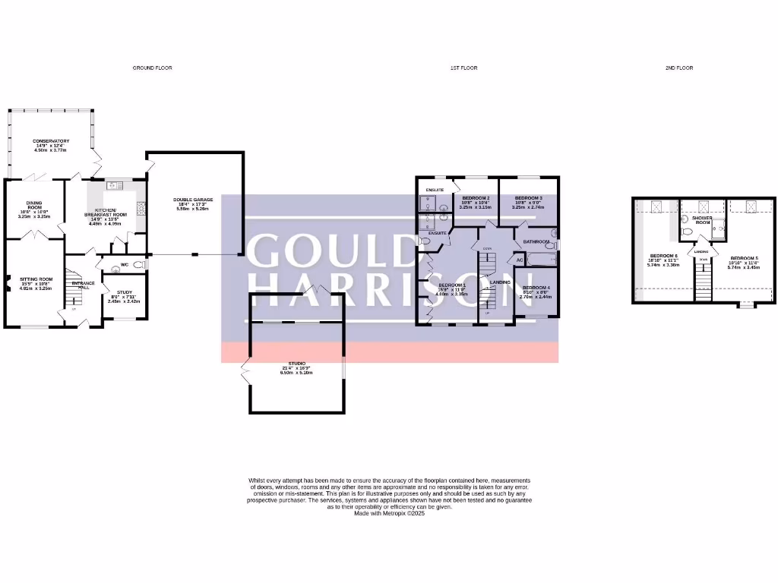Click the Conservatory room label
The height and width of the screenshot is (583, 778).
(51, 141)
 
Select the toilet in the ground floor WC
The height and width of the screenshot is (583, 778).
(139, 265)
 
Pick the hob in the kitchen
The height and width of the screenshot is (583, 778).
(141, 208)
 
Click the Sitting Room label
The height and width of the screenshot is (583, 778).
(35, 279)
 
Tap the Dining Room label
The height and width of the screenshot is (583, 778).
(35, 205)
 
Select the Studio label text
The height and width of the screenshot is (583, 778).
(296, 364)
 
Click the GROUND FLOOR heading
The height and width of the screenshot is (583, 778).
(153, 68)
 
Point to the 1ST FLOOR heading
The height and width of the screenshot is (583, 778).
(463, 68)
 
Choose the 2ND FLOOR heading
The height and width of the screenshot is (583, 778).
(679, 68)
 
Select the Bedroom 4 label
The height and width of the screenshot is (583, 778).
(536, 288)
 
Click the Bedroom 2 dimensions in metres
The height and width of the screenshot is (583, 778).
(475, 207)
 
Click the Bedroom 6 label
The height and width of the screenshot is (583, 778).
(663, 256)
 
